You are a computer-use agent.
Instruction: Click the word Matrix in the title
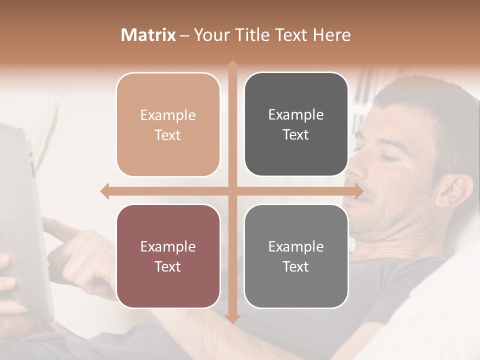pyautogui.click(x=148, y=35)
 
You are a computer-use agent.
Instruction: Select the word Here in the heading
pyautogui.click(x=331, y=35)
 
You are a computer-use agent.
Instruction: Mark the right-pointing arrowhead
pyautogui.click(x=358, y=191)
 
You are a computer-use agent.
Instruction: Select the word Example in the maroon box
pyautogui.click(x=168, y=246)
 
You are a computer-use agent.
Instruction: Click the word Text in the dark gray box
pyautogui.click(x=296, y=134)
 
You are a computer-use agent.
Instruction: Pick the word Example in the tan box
pyautogui.click(x=168, y=115)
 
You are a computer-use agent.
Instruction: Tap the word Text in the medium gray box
pyautogui.click(x=296, y=266)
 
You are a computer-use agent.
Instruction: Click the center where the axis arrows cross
pyautogui.click(x=232, y=191)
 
